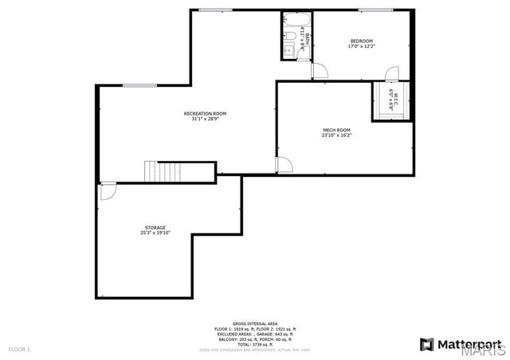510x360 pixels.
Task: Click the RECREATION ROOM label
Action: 205,114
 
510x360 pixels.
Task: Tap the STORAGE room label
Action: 155,228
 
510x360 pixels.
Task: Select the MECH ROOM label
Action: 336,130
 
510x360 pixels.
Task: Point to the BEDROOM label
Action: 361,41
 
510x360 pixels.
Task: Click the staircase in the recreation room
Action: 157,171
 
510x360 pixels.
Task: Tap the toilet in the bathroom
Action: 292,37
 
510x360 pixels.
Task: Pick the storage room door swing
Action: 108,192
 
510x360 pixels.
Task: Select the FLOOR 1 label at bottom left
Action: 19,349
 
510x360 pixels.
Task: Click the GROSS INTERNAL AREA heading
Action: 255,323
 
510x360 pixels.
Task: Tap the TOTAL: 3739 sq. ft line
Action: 255,344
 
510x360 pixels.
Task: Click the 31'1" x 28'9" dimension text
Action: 205,119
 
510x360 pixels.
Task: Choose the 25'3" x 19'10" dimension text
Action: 155,233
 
